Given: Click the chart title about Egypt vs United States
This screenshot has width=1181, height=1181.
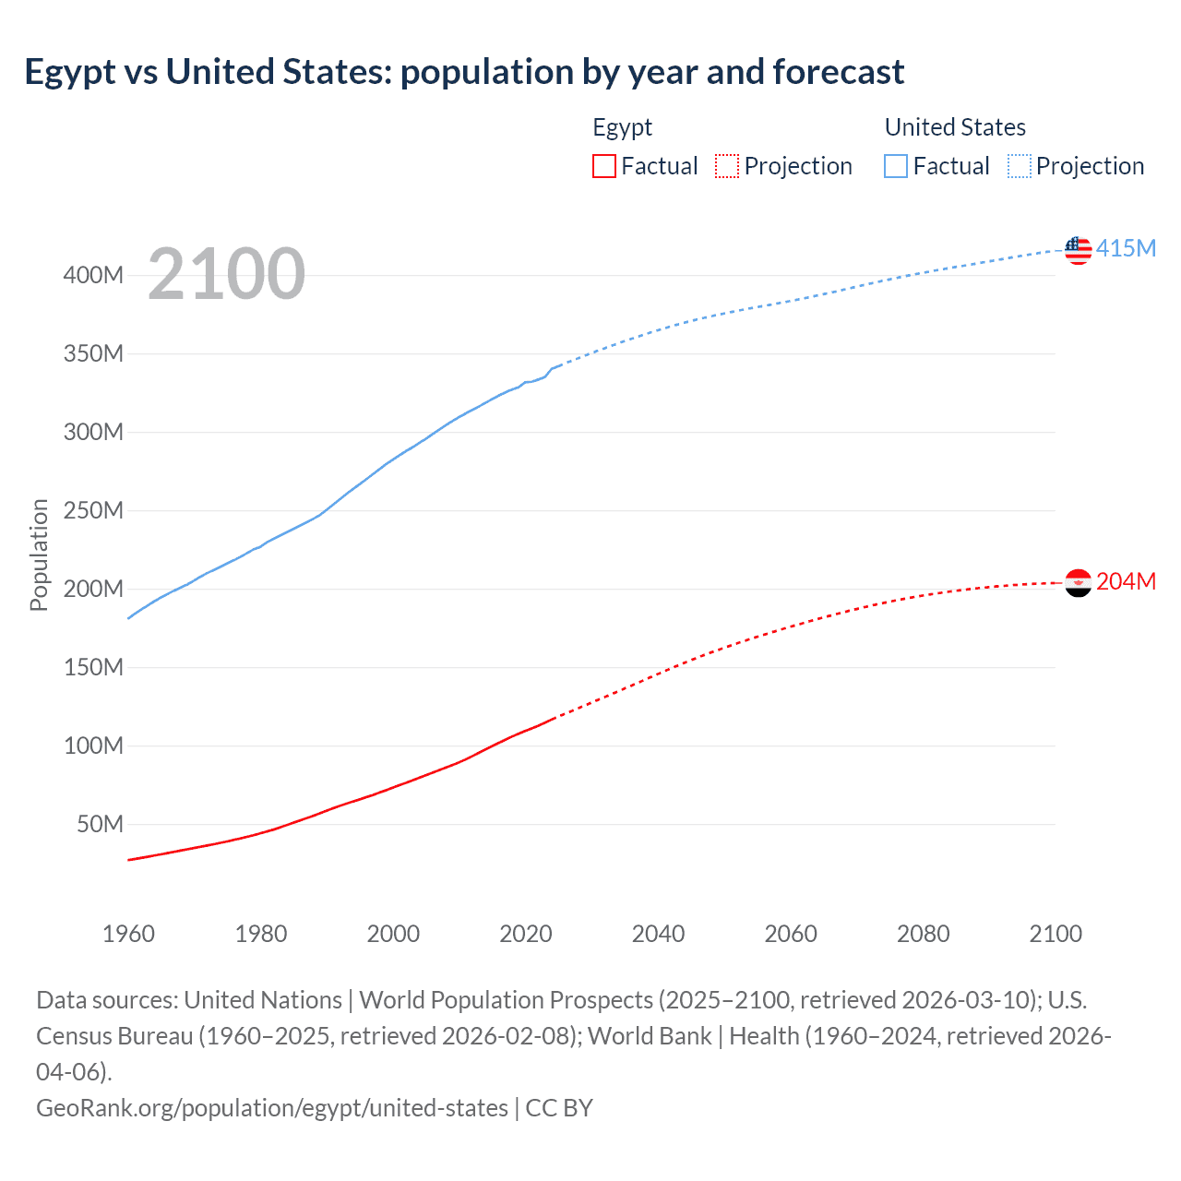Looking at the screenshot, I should pos(464,72).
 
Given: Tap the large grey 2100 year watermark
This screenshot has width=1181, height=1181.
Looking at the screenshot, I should pos(226,274).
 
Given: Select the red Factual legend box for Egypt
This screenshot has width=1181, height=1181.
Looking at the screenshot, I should pos(603,166).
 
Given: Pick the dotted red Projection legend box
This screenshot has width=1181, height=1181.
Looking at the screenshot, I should pos(727,166).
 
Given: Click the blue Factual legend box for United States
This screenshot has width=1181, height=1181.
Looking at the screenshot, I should pos(895,166).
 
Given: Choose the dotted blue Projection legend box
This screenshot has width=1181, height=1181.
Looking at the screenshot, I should pos(1019,166).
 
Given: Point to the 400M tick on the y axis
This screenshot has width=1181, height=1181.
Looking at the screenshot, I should pos(93,275).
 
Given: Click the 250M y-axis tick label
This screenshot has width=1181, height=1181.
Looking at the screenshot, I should pos(93,510).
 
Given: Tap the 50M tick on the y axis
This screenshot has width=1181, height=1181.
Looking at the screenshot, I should pos(100,824).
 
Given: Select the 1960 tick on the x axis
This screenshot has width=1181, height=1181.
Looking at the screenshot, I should pos(128,934).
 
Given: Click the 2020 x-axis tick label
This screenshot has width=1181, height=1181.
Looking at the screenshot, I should pos(526,934).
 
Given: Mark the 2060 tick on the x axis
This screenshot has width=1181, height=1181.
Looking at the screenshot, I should pos(791,934).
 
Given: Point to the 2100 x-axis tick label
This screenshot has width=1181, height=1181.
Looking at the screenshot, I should pos(1056,934).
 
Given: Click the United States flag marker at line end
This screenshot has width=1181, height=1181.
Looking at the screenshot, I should pos(1078,249).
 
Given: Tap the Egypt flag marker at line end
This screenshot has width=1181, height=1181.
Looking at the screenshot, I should pos(1078,582).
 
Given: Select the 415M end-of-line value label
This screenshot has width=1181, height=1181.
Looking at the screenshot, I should pos(1126,249).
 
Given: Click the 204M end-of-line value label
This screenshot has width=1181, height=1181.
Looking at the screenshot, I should pos(1126,582).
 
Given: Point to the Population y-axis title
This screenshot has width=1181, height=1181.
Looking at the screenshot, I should pos(39,555).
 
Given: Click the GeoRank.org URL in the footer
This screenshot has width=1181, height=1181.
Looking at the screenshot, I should pos(271,1107).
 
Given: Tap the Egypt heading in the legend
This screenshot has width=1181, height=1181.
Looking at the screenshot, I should pos(622,127).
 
